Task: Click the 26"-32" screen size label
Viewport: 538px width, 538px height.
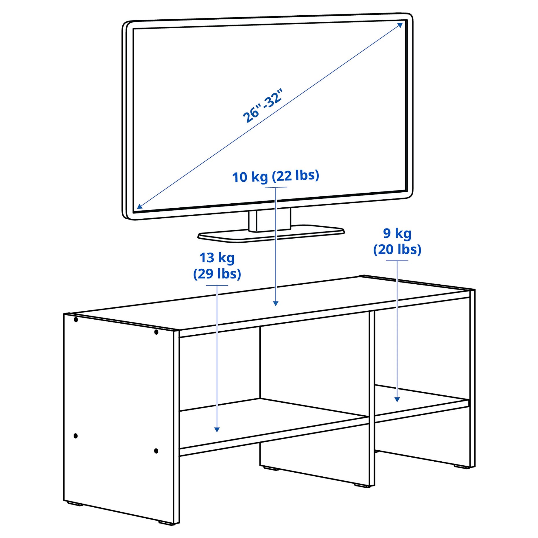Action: [262, 106]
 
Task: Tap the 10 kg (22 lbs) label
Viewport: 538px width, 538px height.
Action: [275, 176]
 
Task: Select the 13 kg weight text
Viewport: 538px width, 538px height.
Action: [217, 258]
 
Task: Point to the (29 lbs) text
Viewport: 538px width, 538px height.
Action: [217, 274]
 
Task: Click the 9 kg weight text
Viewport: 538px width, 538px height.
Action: [397, 233]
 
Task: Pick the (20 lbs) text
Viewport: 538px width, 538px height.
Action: [397, 249]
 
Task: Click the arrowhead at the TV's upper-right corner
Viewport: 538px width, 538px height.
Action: [400, 25]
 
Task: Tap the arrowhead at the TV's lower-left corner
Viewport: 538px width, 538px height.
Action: [139, 206]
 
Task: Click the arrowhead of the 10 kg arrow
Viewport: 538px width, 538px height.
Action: [276, 303]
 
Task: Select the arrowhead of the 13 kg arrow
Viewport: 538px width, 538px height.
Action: [217, 430]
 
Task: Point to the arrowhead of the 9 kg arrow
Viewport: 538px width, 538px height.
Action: [397, 399]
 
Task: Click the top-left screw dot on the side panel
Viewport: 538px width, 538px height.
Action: [76, 320]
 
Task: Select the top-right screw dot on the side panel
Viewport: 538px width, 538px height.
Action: [156, 332]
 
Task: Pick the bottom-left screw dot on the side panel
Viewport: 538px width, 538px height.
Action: [76, 436]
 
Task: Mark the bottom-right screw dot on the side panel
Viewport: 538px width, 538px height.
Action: [156, 451]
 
